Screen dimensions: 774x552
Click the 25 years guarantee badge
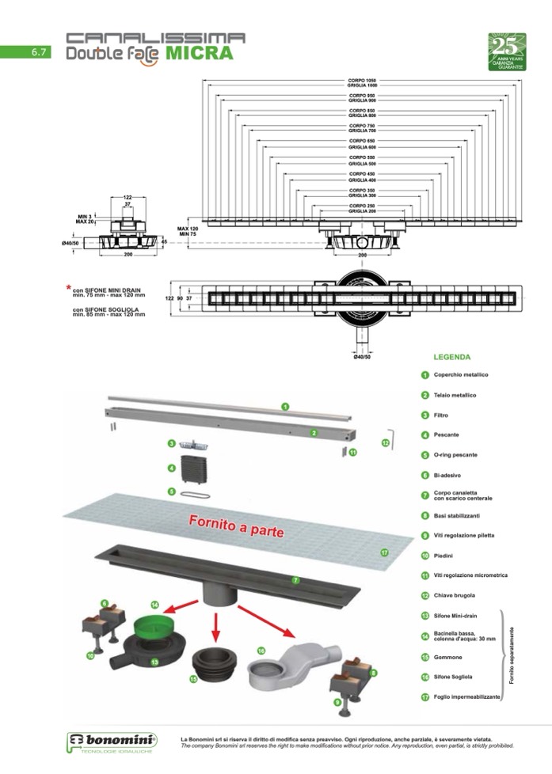[x=507, y=51]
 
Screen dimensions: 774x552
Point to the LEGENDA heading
[x=452, y=357]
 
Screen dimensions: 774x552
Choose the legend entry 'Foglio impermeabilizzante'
[x=466, y=697]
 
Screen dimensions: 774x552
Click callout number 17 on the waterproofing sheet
[x=385, y=552]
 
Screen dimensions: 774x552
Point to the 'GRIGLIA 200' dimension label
[x=360, y=211]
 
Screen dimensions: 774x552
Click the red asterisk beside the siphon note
[x=68, y=287]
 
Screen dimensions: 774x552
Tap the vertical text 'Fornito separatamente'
[x=512, y=656]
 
